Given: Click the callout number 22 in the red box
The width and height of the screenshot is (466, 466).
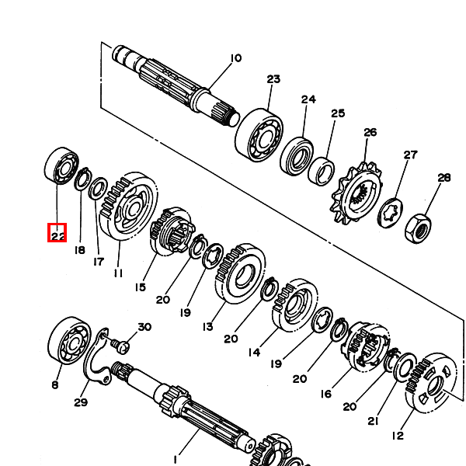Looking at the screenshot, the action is pos(57,236).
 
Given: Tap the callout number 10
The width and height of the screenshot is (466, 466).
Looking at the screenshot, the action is pos(236,58).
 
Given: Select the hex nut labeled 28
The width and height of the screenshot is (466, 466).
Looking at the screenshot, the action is pos(417,228).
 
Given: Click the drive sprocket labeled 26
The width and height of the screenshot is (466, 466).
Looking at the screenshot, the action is pos(356,193).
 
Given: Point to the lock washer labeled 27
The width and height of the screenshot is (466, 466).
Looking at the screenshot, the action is pos(391,213).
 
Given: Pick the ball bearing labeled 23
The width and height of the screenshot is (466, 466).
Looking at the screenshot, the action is pos(259,135).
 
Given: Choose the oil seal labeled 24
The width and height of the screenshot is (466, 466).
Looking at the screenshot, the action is pos(297,156).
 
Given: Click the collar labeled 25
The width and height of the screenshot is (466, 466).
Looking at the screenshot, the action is pos(321,172).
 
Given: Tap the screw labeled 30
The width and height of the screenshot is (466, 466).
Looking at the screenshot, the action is pos(120,346).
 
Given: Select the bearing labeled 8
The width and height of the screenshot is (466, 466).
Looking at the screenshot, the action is pos(69,341).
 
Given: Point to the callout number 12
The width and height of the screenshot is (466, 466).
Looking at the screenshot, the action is pos(398,436).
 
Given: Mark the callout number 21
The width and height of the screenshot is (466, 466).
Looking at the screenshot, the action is pos(373,421).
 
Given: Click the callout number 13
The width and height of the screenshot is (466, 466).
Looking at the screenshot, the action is pos(207,327).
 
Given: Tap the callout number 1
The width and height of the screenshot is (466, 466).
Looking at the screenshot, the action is pos(176,459).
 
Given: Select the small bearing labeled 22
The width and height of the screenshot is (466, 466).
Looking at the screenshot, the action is pos(61,165).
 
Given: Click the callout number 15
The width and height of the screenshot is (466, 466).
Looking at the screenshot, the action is pos(141,287).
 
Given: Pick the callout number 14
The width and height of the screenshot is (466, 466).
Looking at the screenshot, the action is pos(254,353).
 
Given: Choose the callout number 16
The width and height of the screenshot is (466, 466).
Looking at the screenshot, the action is pos(326,394).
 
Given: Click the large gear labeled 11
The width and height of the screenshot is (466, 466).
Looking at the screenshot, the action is pos(128,206).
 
